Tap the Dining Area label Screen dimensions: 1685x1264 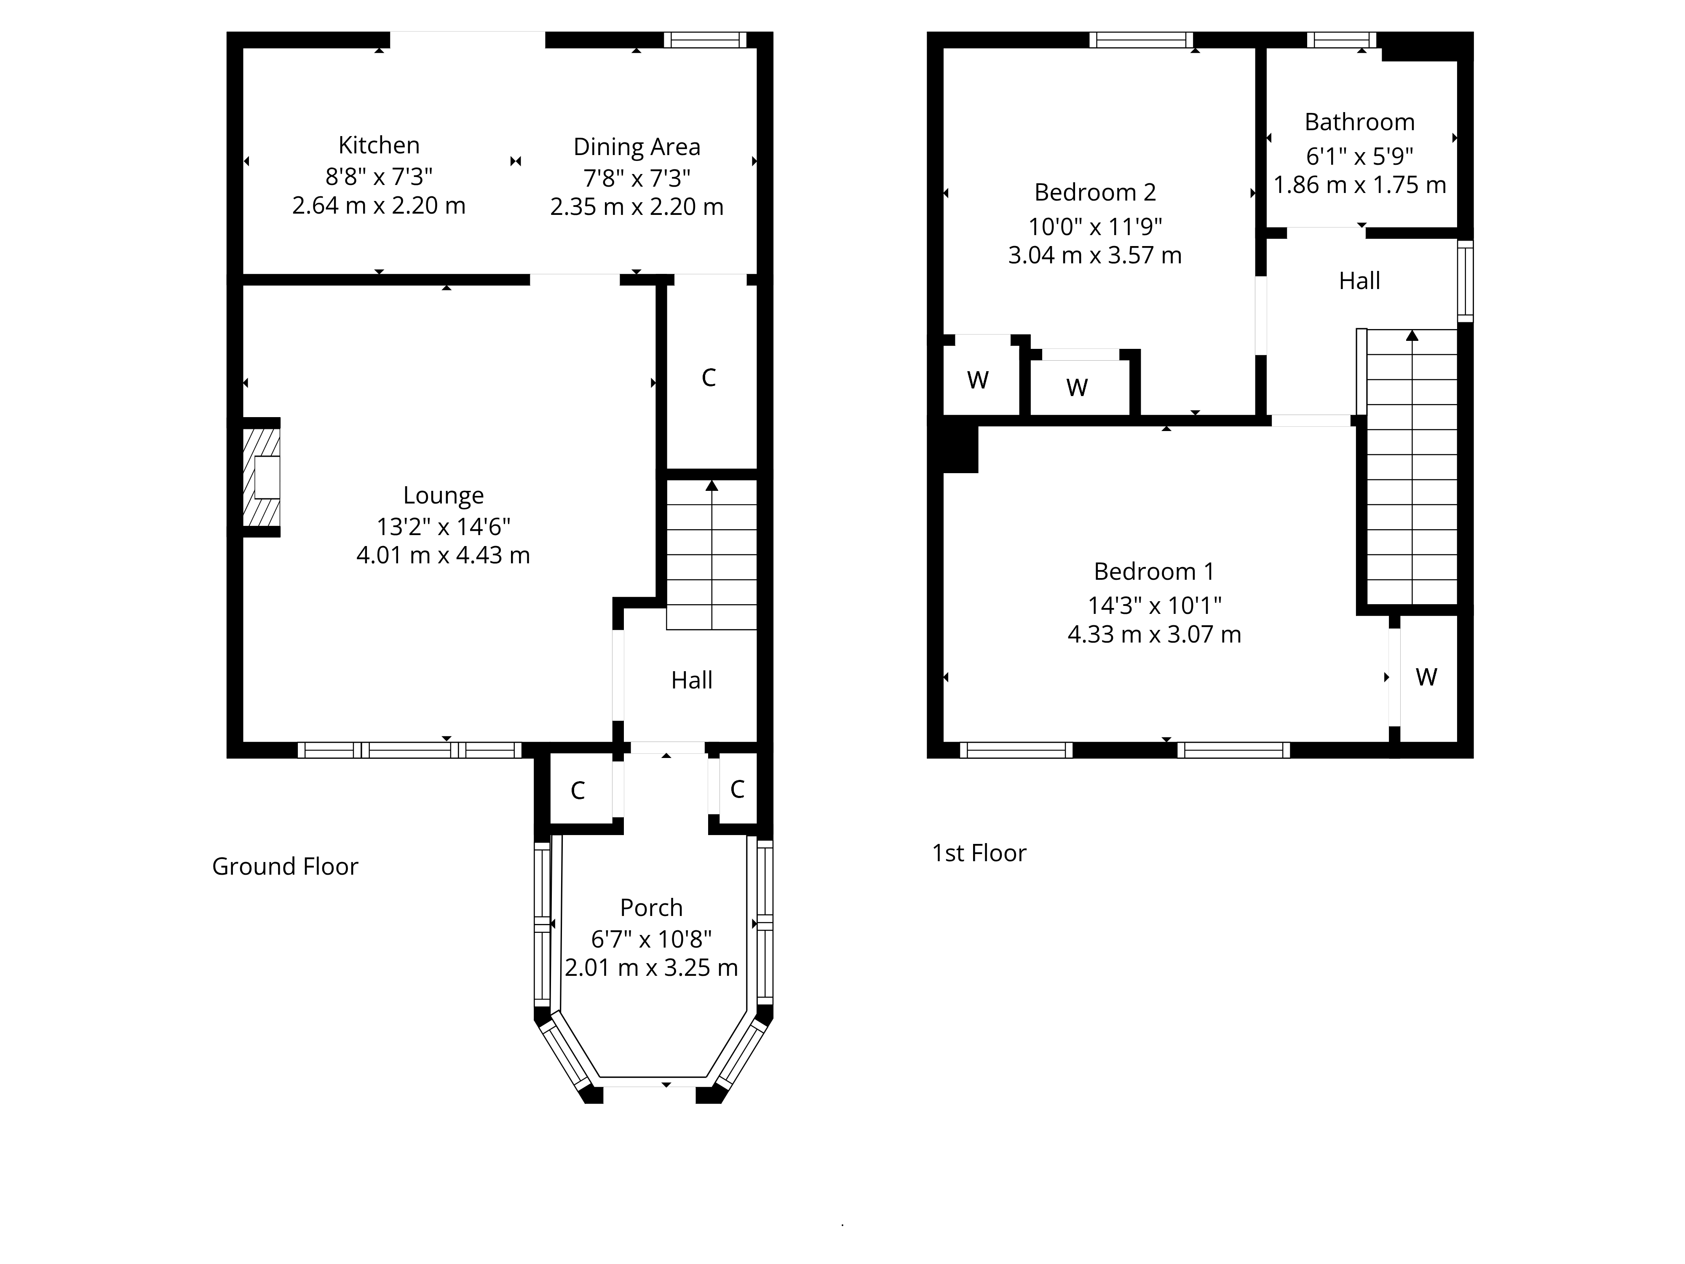(637, 146)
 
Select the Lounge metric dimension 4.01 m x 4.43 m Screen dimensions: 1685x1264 (443, 555)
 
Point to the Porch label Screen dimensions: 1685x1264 (651, 908)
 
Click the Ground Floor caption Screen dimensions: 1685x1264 (285, 866)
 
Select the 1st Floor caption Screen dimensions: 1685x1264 (979, 853)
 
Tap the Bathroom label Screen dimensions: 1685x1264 (1360, 122)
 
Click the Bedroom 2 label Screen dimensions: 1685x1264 (1095, 192)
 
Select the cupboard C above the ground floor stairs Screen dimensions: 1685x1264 (709, 378)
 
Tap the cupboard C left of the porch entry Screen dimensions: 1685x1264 (578, 791)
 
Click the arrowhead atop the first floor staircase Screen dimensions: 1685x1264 (1412, 335)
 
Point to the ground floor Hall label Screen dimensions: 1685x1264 (692, 680)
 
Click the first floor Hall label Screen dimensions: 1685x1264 (1360, 281)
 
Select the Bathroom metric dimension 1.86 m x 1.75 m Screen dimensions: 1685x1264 (1360, 185)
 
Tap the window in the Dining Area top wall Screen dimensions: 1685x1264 (705, 40)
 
